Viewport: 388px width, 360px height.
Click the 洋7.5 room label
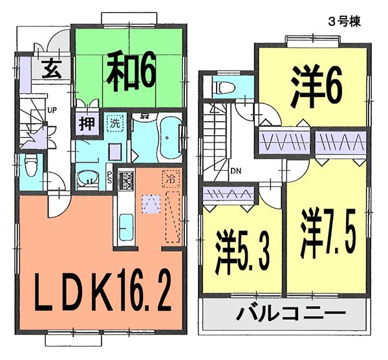coord(327,234)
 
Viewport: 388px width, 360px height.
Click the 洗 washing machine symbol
coord(114,122)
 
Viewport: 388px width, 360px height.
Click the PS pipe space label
coord(109,177)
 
